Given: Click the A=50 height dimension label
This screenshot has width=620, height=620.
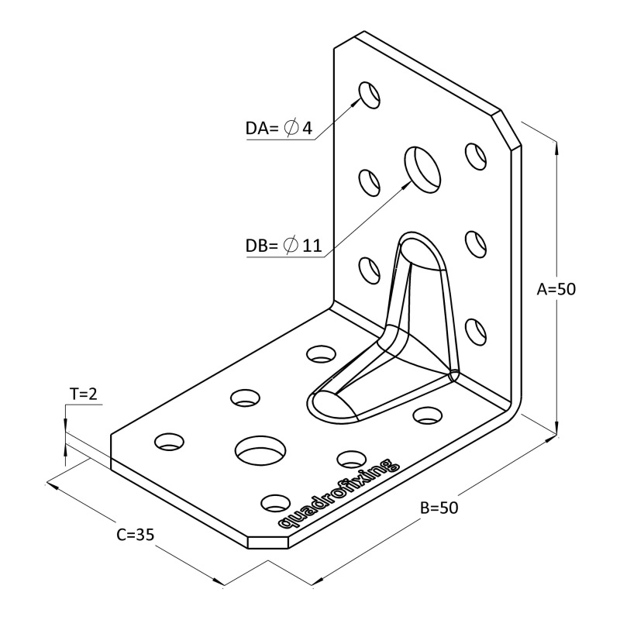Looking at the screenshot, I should (556, 289).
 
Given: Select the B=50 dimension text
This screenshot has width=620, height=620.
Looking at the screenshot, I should (439, 508).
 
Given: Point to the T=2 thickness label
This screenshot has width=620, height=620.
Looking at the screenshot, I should (83, 394).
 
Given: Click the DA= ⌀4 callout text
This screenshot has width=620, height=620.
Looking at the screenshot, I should (279, 129).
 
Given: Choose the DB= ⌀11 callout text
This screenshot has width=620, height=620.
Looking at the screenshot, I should (283, 246).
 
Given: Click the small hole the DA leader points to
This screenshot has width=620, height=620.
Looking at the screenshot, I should (370, 93).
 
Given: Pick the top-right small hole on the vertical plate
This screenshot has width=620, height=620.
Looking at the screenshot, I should (474, 155).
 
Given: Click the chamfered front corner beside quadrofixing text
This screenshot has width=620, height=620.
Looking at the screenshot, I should (267, 541).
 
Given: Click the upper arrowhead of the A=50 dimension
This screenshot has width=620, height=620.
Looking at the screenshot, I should (556, 144).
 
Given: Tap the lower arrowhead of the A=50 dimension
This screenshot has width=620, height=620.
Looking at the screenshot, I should (556, 430).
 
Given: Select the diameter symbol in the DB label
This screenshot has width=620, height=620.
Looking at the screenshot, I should (291, 246).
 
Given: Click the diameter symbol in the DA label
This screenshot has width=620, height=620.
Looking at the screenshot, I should (291, 129).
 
